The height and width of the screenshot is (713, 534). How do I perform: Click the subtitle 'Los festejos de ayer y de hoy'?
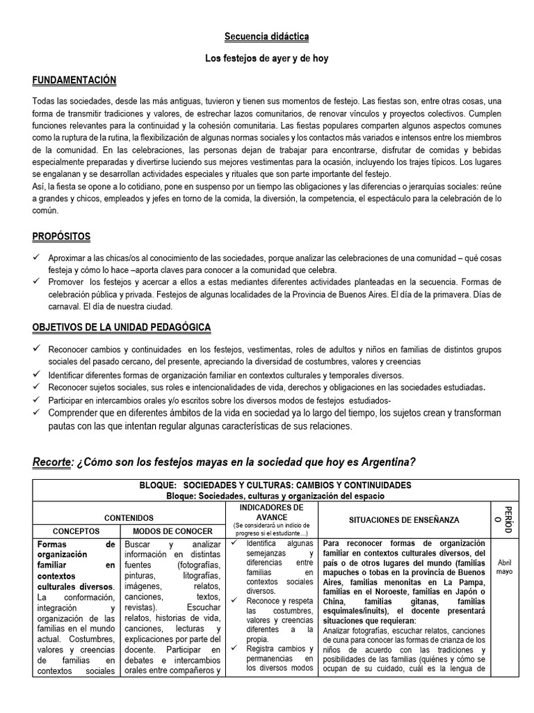coord(267,58)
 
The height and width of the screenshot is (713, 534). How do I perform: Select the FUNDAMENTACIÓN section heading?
coord(74,81)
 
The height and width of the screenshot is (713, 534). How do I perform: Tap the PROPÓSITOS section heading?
coord(61,237)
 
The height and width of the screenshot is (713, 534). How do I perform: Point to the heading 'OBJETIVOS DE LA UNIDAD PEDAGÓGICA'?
coord(122,327)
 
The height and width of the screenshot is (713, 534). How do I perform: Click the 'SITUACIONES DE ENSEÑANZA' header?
coord(404,519)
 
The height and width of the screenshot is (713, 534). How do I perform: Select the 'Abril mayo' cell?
coord(504,566)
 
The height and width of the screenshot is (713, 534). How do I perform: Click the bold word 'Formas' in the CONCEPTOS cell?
coord(52,544)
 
